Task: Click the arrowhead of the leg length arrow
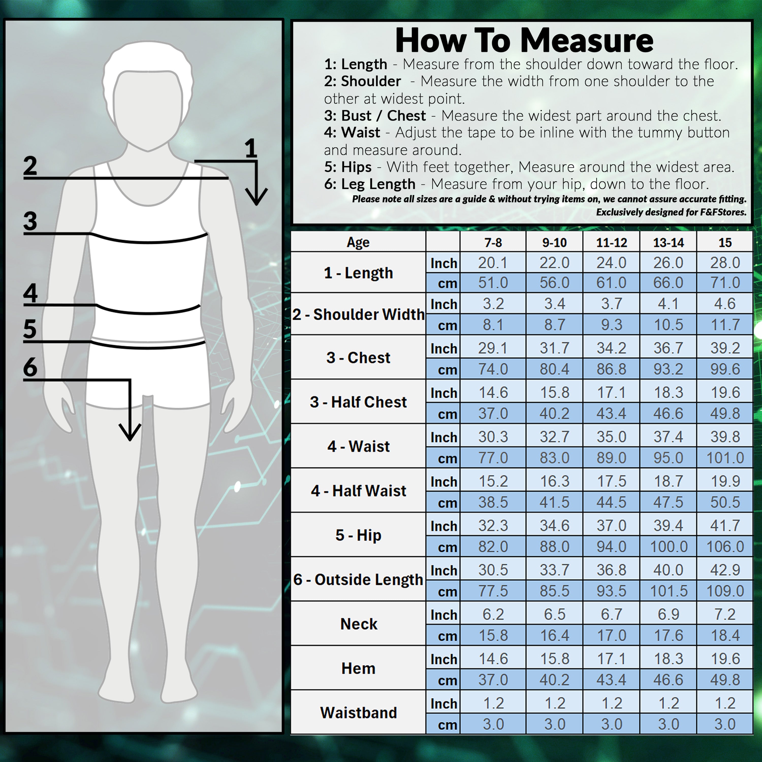pyautogui.click(x=130, y=432)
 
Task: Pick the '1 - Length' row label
pyautogui.click(x=358, y=273)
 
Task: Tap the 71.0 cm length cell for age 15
pyautogui.click(x=725, y=283)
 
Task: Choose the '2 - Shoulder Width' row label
pyautogui.click(x=358, y=314)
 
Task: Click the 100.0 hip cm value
pyautogui.click(x=669, y=547)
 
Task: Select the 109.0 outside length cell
pyautogui.click(x=725, y=591)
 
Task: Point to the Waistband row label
pyautogui.click(x=358, y=713)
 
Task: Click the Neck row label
pyautogui.click(x=358, y=624)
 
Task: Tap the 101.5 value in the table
pyautogui.click(x=669, y=591)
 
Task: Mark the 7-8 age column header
pyautogui.click(x=493, y=242)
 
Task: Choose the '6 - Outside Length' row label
pyautogui.click(x=358, y=579)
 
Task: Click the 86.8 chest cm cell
pyautogui.click(x=611, y=369)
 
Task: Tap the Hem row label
pyautogui.click(x=358, y=669)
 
